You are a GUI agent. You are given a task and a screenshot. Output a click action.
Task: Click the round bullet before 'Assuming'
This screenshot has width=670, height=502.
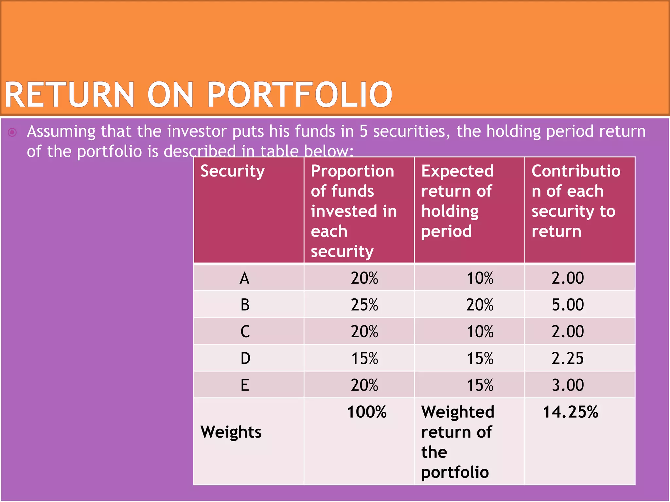point(12,132)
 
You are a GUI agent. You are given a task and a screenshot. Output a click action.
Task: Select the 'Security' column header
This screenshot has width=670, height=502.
point(232,171)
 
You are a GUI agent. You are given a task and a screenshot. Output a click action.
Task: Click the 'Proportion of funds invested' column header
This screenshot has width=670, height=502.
point(353,211)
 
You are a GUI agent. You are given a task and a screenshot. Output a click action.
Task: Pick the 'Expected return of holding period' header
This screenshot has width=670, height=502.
point(457,201)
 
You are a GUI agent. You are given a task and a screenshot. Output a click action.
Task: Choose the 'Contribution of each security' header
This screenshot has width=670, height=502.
point(575,201)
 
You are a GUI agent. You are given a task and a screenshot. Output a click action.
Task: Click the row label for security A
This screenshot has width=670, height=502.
point(244,278)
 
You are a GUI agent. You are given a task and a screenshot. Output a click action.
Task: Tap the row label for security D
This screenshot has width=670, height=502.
point(245,359)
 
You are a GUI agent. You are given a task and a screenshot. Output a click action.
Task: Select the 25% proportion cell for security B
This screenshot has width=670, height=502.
point(364,305)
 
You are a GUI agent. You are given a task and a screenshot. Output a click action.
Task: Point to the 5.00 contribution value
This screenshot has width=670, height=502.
point(568,305)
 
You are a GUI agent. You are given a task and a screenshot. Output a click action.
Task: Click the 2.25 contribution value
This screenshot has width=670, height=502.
point(568,359)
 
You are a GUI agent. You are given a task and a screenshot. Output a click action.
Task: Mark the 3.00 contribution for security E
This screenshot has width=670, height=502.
point(568,385)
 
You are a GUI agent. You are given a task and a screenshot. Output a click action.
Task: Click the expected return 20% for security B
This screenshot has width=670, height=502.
point(480,305)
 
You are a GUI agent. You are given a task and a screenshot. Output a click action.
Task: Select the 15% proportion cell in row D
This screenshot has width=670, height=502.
point(364,359)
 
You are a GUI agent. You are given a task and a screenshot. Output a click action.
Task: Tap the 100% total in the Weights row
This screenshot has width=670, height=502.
point(367,412)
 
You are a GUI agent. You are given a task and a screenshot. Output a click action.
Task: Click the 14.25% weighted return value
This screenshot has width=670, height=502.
point(570,412)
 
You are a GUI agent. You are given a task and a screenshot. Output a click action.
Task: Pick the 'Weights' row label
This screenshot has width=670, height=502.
point(231,432)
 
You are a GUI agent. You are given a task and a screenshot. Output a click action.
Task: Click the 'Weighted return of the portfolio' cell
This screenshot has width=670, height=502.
point(457,442)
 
